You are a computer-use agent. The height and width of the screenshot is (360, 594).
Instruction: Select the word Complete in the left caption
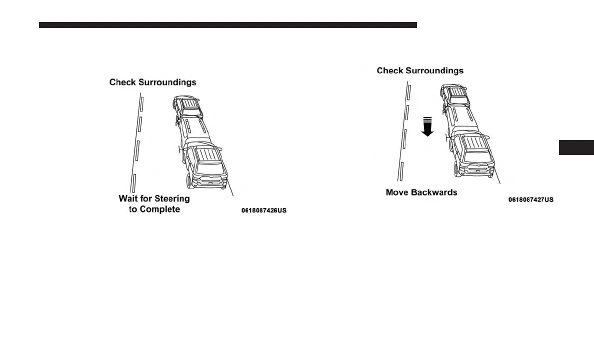[x=160, y=209]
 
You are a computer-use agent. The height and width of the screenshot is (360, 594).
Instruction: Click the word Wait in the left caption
[x=128, y=198]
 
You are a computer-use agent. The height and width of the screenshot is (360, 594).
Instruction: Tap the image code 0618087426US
[x=263, y=211]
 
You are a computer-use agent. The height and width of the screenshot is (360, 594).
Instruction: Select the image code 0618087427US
[x=530, y=199]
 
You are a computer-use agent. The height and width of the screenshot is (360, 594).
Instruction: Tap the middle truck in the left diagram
[x=192, y=129]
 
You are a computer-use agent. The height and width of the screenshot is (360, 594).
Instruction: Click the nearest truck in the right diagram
[x=472, y=154]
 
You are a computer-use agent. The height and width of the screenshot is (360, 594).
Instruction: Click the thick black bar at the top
[x=227, y=24]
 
